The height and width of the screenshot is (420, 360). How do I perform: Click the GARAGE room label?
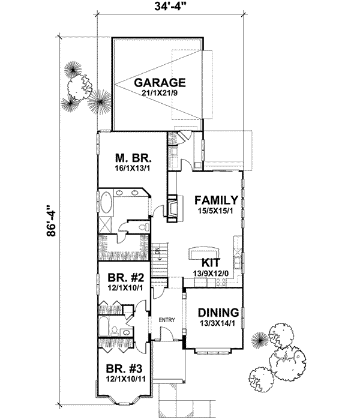coord(159,82)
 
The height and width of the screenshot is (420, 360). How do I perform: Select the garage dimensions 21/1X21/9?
coord(159,93)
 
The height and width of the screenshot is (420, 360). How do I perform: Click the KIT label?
coord(210,263)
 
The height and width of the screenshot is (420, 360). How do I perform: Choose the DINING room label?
coord(218,313)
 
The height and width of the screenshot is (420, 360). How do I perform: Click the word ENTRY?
coord(166,320)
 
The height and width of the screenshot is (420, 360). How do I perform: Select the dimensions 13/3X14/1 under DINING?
coord(218,323)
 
